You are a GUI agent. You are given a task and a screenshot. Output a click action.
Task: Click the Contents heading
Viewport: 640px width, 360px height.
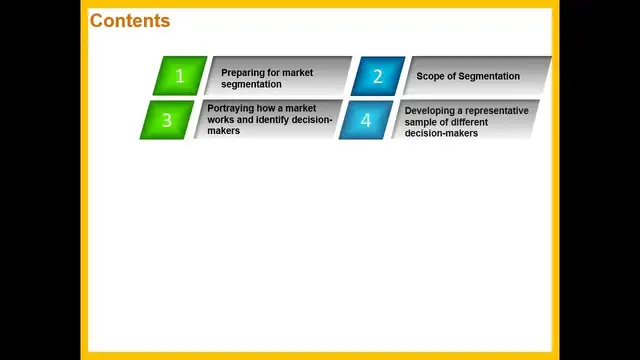coord(130,21)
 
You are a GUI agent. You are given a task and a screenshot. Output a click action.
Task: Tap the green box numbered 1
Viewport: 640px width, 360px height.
coord(180,75)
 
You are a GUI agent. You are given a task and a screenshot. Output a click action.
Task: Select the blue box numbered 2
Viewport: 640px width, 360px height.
coord(377,76)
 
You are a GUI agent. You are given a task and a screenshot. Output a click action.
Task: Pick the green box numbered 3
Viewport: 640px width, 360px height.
coord(167,120)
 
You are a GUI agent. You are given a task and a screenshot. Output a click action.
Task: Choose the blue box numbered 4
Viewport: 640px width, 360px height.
coord(365,120)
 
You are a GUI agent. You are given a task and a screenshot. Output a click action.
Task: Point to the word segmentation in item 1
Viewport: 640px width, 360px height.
coord(251,83)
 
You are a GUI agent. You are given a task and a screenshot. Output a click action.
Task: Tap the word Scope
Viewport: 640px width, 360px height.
coord(430,77)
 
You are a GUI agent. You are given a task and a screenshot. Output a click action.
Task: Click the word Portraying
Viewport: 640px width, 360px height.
coord(231,108)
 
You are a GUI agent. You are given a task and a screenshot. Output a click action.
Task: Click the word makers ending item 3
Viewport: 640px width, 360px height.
coord(224,130)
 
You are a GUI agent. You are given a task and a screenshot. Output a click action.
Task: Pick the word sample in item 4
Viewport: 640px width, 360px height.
coord(421,121)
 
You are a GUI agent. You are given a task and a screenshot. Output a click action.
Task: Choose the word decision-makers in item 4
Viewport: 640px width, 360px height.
coord(441,132)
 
